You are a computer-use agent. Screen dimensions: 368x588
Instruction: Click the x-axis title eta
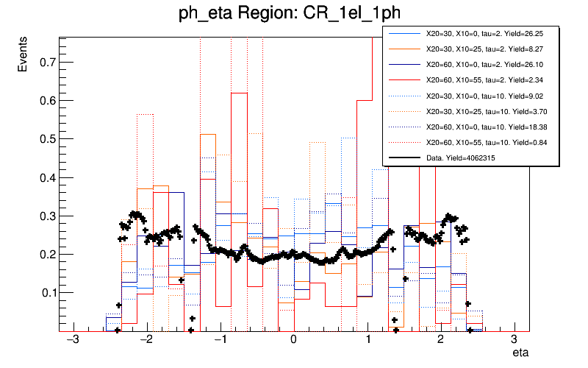(521, 353)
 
